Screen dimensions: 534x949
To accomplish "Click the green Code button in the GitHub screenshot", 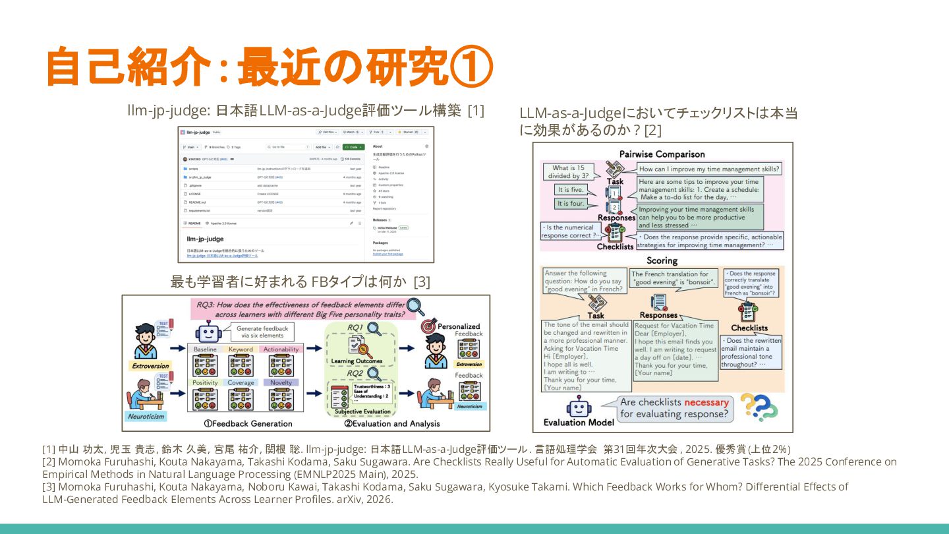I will pos(353,147).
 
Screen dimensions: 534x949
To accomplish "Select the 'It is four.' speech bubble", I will pos(571,204).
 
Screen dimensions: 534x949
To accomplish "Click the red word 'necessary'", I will pos(706,402).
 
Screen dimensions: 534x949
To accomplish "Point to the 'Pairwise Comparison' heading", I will pos(662,154).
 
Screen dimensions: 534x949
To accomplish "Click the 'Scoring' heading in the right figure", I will pos(662,261).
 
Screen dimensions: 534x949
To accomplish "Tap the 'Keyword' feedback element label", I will pos(241,349).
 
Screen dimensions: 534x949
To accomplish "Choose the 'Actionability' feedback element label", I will pos(281,349).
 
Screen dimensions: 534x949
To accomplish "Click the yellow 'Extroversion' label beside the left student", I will pos(150,366).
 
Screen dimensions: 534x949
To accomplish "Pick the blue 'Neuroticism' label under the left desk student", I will pos(146,417).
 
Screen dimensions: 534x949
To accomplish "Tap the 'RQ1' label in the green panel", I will pos(356,328).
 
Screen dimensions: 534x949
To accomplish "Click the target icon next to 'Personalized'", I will pos(428,325).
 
